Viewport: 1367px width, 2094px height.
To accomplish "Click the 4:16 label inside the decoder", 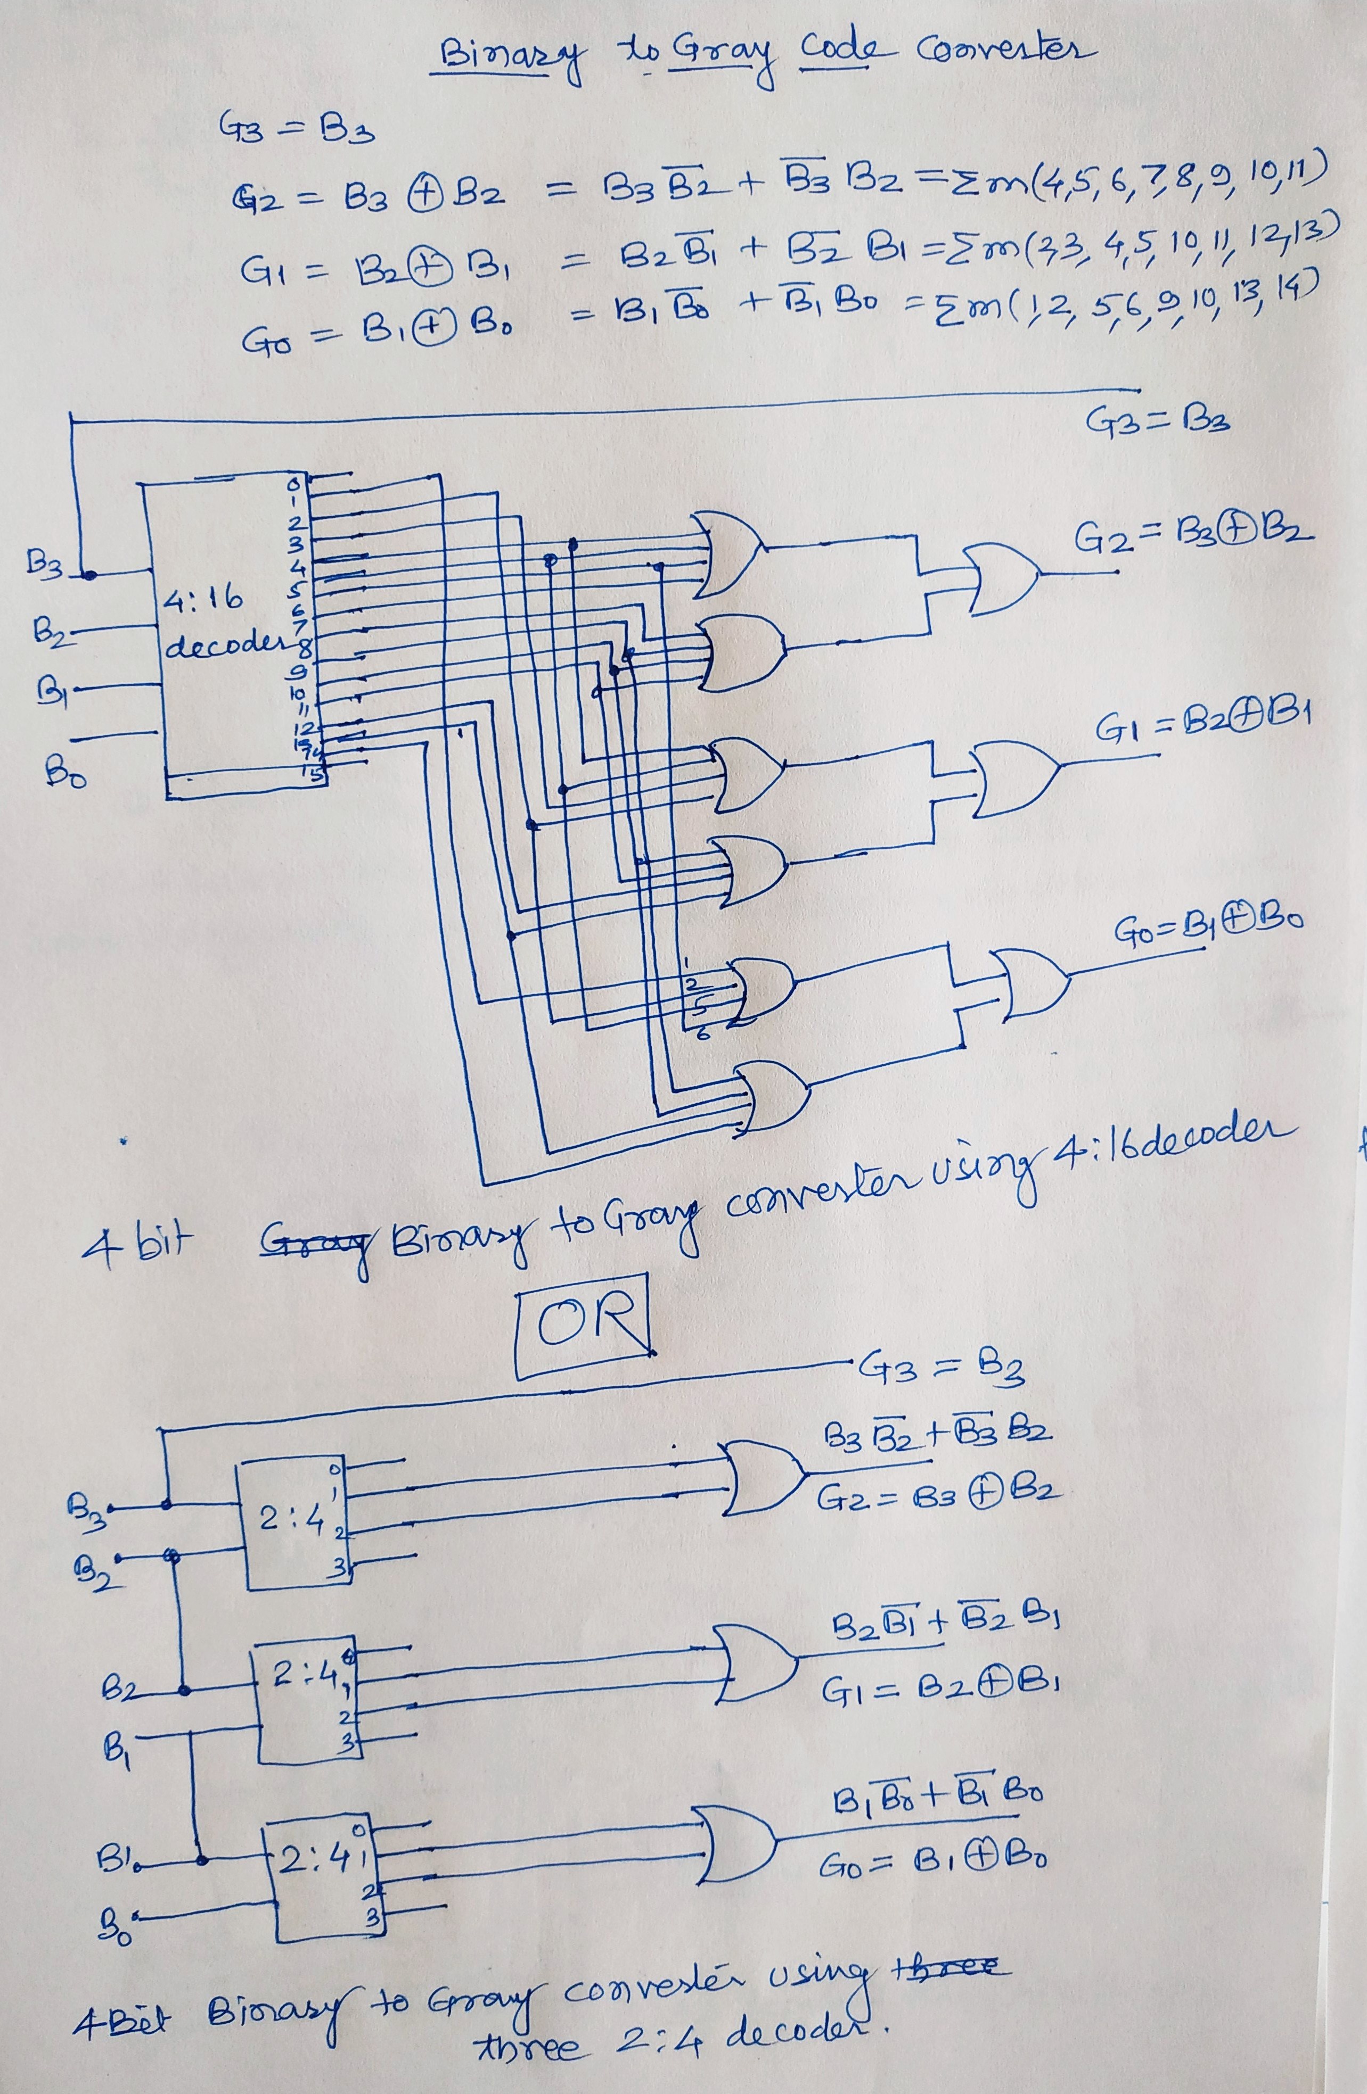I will point(202,601).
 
